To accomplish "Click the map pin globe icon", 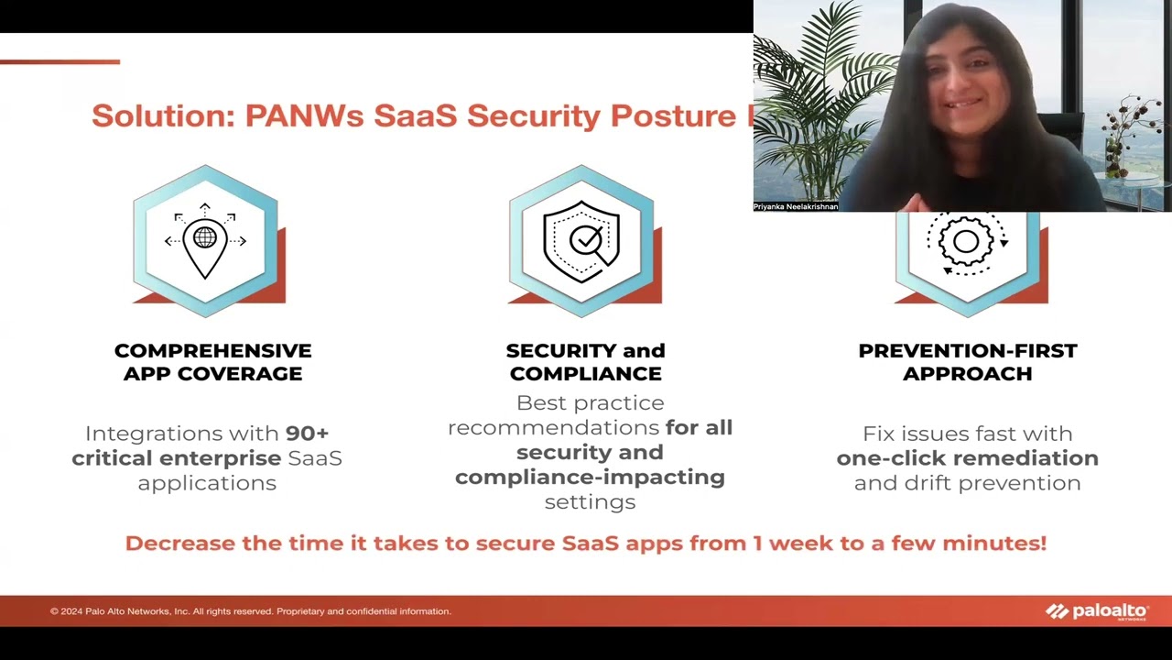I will tap(205, 241).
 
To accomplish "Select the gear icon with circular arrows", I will tap(967, 243).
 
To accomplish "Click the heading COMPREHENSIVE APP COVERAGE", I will tap(212, 362).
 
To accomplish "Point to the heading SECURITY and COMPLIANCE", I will tap(585, 362).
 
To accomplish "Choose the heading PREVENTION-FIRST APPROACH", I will tap(967, 362).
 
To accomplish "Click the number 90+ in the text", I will tap(307, 434).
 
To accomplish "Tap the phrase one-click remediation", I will tap(967, 458).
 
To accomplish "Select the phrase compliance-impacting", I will tap(590, 478).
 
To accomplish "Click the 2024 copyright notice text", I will tap(250, 611).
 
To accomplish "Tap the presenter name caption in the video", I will tap(795, 207).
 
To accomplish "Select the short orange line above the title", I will tap(60, 62).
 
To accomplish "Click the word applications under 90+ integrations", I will tap(207, 483).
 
